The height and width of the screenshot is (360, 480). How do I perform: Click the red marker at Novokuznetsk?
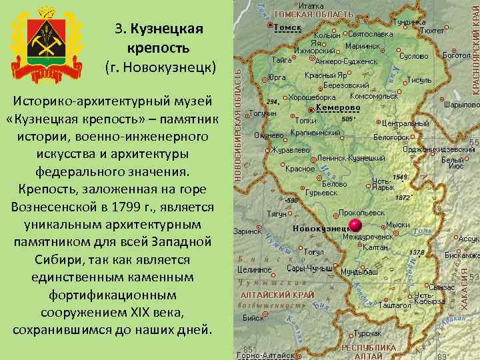[355, 223]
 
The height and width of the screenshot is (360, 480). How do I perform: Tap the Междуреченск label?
[367, 237]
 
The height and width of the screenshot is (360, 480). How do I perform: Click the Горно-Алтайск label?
[265, 355]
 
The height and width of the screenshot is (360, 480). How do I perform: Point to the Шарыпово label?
[461, 105]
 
